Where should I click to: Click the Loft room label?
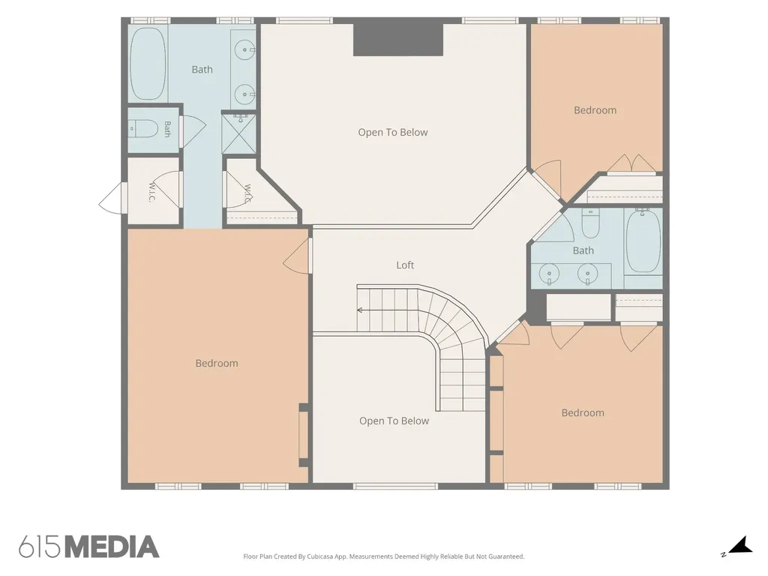point(405,265)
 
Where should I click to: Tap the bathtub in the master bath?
point(148,64)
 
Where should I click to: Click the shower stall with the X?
point(239,134)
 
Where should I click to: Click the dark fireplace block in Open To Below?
point(398,40)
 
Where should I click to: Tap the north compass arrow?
point(740,545)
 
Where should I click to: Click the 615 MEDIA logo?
point(89,547)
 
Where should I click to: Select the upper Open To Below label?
point(393,132)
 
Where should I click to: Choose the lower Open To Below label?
point(394,421)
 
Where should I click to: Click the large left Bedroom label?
point(217,364)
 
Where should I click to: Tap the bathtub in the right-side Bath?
point(643,241)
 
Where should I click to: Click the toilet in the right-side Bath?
point(590,223)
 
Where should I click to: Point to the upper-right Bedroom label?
point(595,110)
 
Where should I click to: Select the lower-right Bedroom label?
point(583,413)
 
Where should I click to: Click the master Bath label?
point(202,70)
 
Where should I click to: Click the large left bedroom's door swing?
point(295,256)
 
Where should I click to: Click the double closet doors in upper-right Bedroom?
point(631,163)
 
